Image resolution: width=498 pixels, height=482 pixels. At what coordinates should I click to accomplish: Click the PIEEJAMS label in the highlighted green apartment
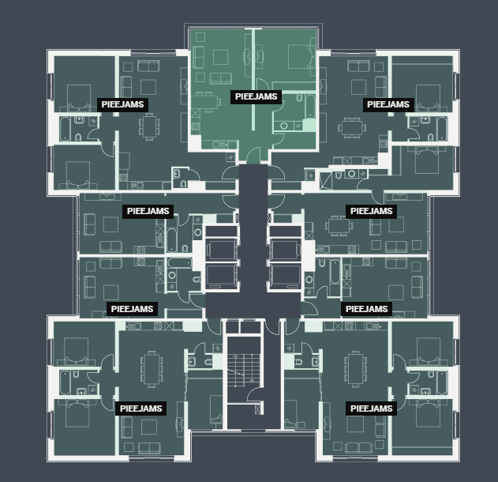pyautogui.click(x=256, y=96)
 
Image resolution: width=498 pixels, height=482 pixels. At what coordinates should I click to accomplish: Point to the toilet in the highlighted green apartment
pyautogui.click(x=283, y=125)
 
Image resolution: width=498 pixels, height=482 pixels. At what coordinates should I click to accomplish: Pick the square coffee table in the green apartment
pyautogui.click(x=221, y=57)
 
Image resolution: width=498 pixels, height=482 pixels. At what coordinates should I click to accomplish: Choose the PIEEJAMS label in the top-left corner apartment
pyautogui.click(x=122, y=104)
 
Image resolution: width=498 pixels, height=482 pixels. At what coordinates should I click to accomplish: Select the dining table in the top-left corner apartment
pyautogui.click(x=148, y=125)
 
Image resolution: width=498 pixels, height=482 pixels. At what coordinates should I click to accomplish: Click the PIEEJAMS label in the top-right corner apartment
pyautogui.click(x=388, y=104)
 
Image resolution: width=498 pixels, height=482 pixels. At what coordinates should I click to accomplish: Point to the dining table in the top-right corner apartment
pyautogui.click(x=352, y=126)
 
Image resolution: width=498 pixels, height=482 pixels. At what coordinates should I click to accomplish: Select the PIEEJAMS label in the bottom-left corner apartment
pyautogui.click(x=140, y=409)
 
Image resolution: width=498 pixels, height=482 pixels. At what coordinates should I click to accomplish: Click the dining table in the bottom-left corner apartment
pyautogui.click(x=151, y=367)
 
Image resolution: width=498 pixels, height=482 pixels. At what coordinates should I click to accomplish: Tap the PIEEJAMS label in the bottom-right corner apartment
pyautogui.click(x=371, y=409)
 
